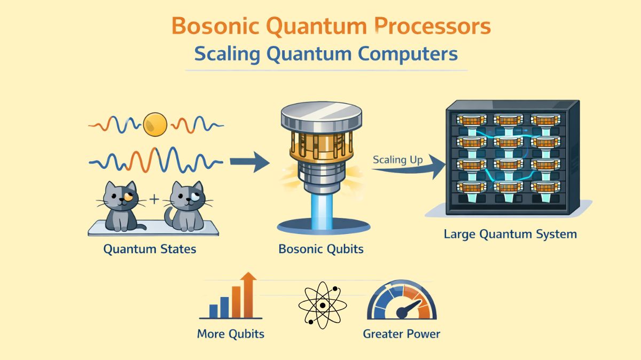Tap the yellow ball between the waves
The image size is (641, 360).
click(x=155, y=124)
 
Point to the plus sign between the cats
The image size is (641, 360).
click(x=155, y=200)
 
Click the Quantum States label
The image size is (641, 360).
click(x=150, y=249)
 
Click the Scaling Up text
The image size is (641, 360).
click(x=397, y=160)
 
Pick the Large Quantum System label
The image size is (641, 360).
click(x=510, y=234)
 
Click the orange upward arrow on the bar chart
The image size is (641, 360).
click(x=248, y=291)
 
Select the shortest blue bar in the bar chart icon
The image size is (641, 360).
click(x=214, y=311)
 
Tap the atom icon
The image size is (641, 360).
click(x=322, y=306)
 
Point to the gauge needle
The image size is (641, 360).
click(x=409, y=308)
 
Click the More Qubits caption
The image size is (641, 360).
click(x=231, y=334)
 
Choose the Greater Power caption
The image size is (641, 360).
click(x=401, y=334)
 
